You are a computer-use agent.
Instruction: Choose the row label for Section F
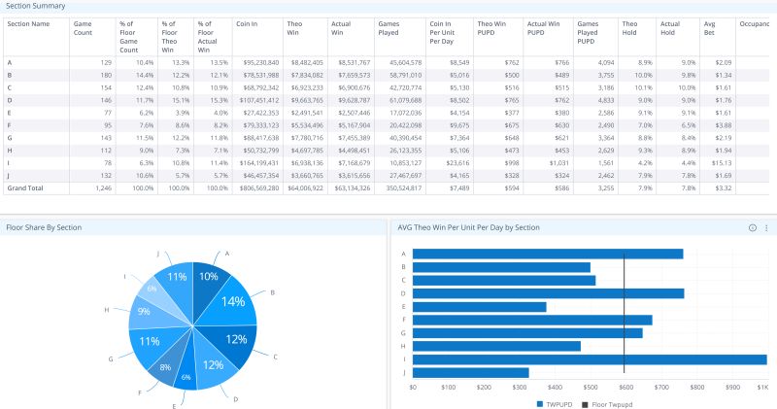pos(10,124)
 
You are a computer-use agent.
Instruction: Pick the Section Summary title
pos(35,6)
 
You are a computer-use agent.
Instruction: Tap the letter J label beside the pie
pos(158,254)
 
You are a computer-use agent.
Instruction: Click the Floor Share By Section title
pos(44,227)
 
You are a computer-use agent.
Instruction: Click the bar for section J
pos(471,372)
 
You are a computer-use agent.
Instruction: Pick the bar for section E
pos(480,306)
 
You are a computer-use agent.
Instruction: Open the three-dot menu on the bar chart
pos(766,227)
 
